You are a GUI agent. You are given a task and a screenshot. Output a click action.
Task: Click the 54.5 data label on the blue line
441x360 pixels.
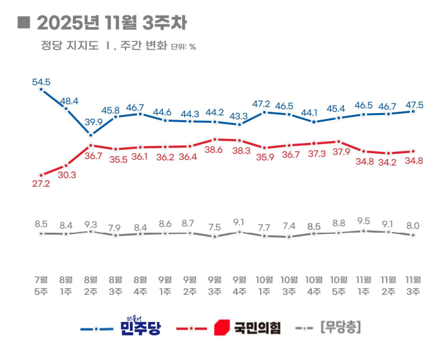pyautogui.click(x=41, y=82)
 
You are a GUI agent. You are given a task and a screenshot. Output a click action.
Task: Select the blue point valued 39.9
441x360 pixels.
pyautogui.click(x=91, y=135)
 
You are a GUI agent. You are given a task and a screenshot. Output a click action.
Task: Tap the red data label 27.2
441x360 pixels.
pyautogui.click(x=41, y=184)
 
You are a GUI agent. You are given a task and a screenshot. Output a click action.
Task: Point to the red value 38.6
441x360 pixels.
pyautogui.click(x=215, y=149)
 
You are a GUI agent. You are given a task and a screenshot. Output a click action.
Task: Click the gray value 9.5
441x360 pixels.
pyautogui.click(x=364, y=221)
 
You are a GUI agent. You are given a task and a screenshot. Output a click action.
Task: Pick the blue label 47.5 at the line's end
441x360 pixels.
pyautogui.click(x=414, y=104)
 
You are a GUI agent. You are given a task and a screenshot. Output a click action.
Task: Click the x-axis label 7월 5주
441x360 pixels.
pyautogui.click(x=41, y=285)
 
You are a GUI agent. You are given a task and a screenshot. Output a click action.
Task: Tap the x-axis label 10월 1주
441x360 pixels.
pyautogui.click(x=264, y=285)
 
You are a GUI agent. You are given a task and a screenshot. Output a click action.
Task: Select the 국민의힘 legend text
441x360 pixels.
pyautogui.click(x=257, y=328)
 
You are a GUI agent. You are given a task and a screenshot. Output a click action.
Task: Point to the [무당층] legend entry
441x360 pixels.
pyautogui.click(x=339, y=328)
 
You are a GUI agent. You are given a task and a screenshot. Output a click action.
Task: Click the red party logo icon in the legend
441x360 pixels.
pyautogui.click(x=222, y=328)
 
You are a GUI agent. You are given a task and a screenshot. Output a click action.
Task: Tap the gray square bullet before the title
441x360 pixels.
pyautogui.click(x=23, y=23)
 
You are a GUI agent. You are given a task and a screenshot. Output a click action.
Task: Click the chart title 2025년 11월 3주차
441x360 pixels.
pyautogui.click(x=112, y=23)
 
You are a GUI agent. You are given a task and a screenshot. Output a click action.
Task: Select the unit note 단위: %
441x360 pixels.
pyautogui.click(x=183, y=47)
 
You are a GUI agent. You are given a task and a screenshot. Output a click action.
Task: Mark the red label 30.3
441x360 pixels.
pyautogui.click(x=67, y=175)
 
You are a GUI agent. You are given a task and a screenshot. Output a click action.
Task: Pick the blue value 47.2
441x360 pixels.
pyautogui.click(x=264, y=103)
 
